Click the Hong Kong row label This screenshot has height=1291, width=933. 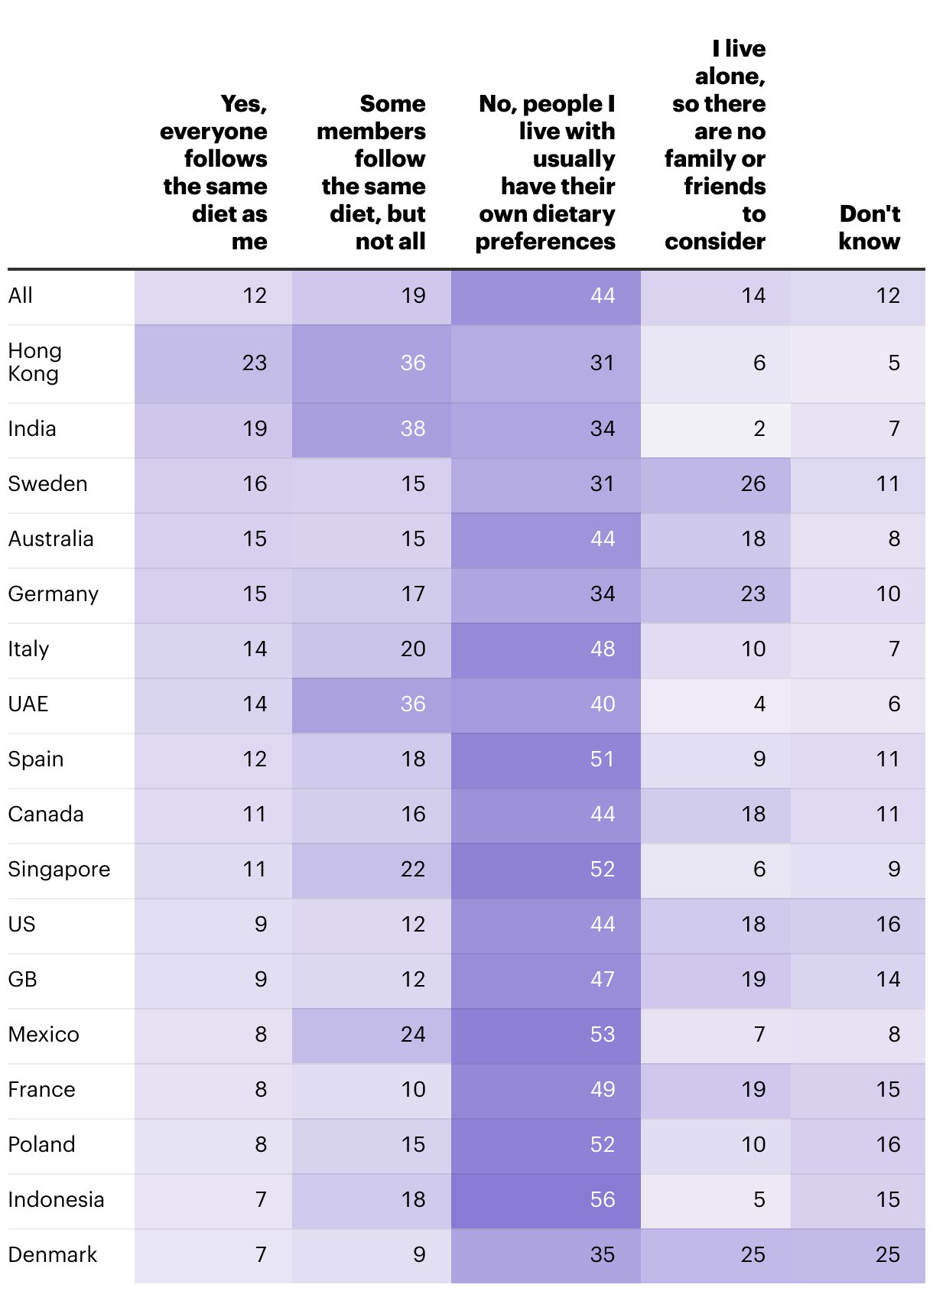(34, 363)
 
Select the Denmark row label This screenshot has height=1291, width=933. (53, 1255)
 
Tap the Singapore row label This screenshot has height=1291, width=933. (59, 870)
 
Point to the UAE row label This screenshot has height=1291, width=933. (28, 704)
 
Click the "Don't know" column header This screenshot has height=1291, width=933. (870, 227)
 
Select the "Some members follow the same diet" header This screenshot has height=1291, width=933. (372, 172)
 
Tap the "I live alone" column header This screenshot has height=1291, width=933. (715, 145)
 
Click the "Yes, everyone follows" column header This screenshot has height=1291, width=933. (214, 172)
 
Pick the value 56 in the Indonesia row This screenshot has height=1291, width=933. (603, 1200)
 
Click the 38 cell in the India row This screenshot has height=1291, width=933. (413, 429)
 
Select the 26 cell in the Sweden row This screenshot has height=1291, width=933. (753, 484)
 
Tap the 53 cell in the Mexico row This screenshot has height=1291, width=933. (603, 1035)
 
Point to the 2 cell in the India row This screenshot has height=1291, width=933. (759, 429)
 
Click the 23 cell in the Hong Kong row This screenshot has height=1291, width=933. (255, 363)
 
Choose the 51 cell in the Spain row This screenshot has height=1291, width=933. (603, 759)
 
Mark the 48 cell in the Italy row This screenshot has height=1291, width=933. (603, 649)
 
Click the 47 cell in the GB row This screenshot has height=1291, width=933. (603, 980)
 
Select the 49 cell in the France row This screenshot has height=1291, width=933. (603, 1090)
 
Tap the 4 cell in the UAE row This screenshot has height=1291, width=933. (759, 704)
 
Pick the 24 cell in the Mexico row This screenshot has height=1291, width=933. (413, 1035)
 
